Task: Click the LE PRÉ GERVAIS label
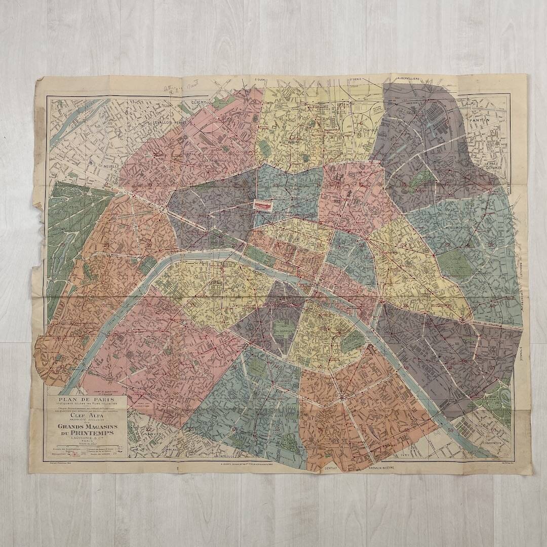coord(491,166)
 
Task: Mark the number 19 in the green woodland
coord(62,245)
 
